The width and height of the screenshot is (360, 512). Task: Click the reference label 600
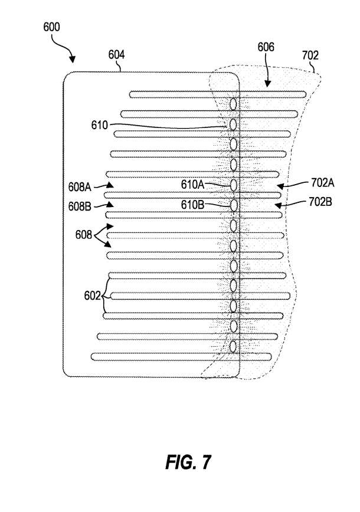[51, 27]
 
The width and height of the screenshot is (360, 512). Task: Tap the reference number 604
[116, 54]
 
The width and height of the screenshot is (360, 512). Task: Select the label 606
[266, 47]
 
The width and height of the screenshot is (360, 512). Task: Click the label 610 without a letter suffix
[99, 125]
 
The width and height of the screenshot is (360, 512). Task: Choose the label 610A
[192, 185]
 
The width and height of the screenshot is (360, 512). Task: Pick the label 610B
[192, 205]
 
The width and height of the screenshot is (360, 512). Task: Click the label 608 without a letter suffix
[83, 235]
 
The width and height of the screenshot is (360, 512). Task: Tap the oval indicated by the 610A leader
[233, 185]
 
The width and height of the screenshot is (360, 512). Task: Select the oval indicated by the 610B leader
[233, 205]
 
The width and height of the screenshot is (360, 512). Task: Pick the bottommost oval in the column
[233, 346]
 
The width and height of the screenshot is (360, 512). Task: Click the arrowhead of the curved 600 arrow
[73, 60]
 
